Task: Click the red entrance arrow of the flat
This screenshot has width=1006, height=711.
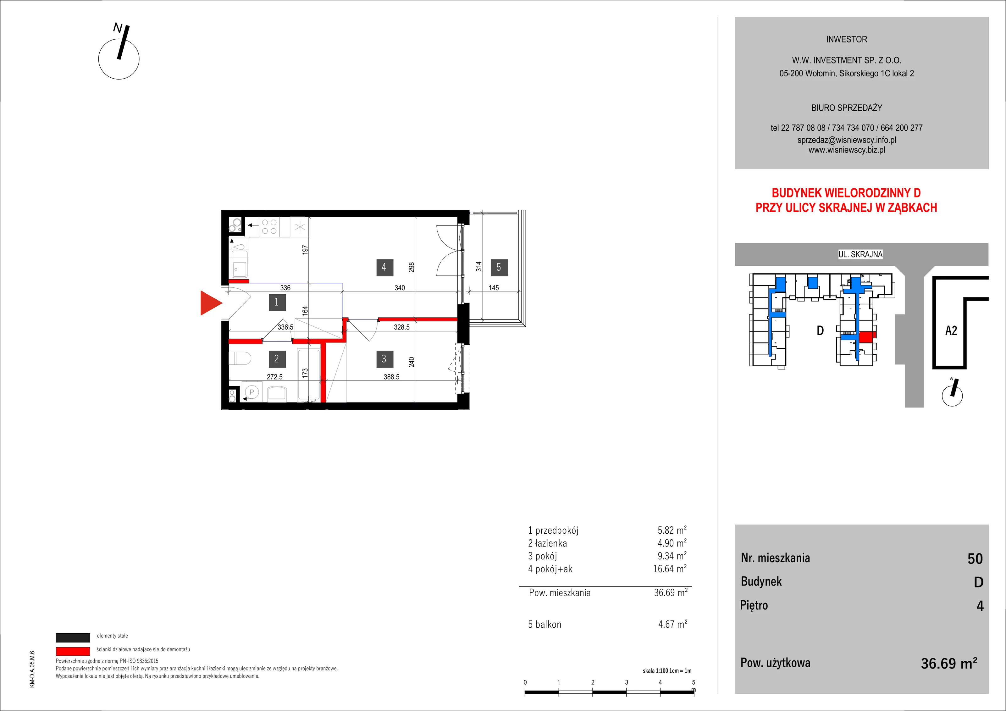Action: point(210,303)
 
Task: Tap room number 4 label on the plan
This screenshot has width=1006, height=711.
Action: point(384,267)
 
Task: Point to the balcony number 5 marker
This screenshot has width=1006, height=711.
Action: point(499,267)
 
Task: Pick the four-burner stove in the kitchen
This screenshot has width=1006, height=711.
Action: point(269,227)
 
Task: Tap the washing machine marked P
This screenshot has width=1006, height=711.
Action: point(251,392)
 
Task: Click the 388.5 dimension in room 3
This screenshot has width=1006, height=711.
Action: point(391,376)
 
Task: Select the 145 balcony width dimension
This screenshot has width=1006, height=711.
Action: point(494,288)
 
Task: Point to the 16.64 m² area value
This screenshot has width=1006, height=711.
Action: point(670,569)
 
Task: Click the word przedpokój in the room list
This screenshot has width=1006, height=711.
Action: point(557,531)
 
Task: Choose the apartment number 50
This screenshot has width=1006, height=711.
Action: point(975,559)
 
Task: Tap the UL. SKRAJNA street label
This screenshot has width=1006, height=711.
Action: point(860,254)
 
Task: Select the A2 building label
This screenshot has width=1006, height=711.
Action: point(951,331)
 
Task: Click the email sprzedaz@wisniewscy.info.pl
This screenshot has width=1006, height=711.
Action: point(847,140)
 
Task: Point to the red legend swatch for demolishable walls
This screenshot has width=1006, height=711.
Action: point(73,651)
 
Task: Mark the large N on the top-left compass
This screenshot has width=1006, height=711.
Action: point(118,28)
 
